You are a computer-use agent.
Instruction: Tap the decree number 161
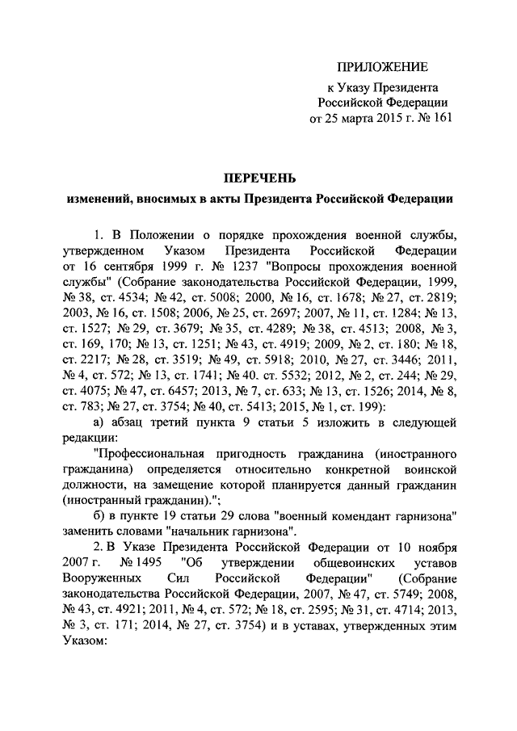435,118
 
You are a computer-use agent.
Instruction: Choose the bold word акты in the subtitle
275,197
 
